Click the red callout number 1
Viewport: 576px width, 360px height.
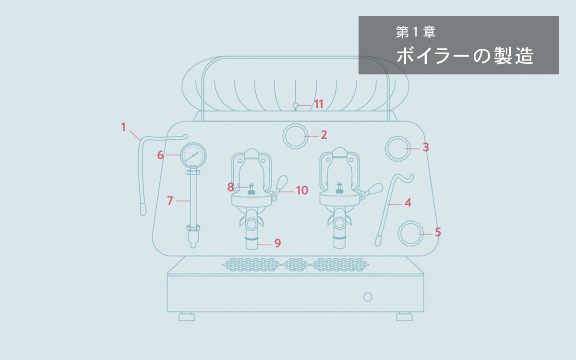(x=123, y=127)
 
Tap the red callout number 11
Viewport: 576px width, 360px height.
(x=318, y=104)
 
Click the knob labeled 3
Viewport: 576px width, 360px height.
(x=398, y=148)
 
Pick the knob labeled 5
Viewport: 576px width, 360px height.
(x=410, y=234)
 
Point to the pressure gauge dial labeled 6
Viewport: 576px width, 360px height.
(x=193, y=155)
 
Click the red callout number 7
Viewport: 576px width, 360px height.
(x=170, y=201)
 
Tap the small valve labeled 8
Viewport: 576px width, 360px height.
(x=251, y=189)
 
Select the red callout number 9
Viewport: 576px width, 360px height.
(x=277, y=243)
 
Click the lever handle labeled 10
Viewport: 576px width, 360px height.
(x=281, y=183)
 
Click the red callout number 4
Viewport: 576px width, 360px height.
(x=408, y=203)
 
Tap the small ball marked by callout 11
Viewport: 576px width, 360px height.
(x=296, y=105)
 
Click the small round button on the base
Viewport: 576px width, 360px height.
(x=368, y=297)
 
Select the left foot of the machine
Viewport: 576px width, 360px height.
(x=187, y=317)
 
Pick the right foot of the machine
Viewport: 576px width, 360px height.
(x=404, y=317)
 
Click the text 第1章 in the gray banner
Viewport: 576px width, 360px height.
(x=416, y=33)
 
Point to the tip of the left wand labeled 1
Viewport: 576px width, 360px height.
(x=143, y=209)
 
